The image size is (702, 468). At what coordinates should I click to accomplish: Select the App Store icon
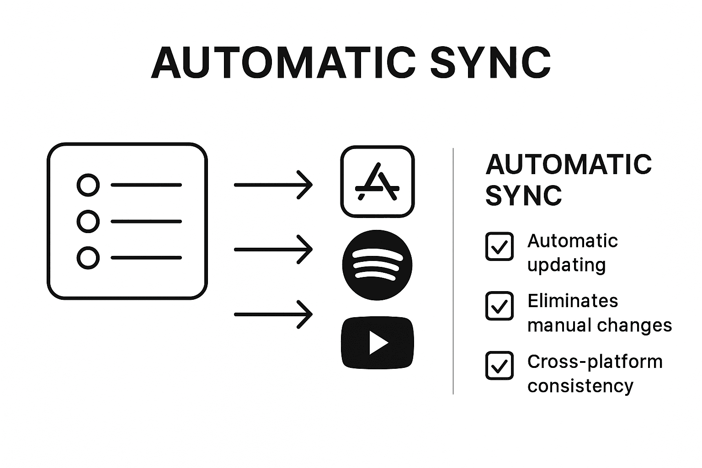pos(377,181)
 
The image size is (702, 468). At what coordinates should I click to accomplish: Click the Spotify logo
pos(377,265)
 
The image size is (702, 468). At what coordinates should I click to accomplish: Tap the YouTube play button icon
pos(378,343)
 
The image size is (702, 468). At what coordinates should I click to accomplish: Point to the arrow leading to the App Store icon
pos(273,185)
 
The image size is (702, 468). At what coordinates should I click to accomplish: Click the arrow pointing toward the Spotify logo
pos(273,250)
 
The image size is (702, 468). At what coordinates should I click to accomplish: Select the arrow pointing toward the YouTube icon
pos(273,314)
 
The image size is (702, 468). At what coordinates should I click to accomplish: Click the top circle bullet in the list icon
pos(88,185)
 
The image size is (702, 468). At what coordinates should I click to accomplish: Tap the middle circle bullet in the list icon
pos(88,221)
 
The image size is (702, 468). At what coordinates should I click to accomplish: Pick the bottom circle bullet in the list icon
pos(88,257)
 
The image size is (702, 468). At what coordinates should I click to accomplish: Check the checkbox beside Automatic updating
pos(499,246)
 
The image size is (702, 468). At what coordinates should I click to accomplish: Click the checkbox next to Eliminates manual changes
pos(499,306)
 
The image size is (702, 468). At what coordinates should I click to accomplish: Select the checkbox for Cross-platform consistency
pos(499,366)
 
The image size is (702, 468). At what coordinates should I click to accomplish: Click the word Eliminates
pos(572,301)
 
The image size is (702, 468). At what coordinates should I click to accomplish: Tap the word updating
pos(566,266)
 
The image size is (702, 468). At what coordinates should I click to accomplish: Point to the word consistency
pos(580,386)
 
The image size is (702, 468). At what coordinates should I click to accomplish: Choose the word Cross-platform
pos(595,362)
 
